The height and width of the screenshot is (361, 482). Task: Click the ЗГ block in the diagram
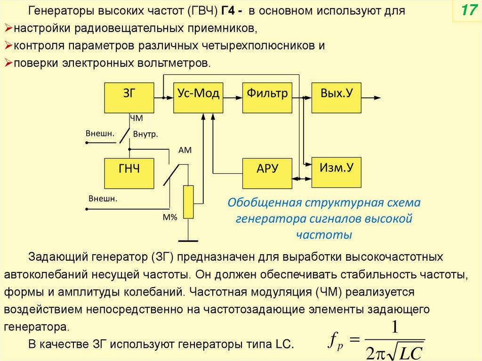(x=129, y=97)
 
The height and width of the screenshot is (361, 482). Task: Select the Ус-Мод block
(x=198, y=97)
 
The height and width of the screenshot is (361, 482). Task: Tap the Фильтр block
(x=267, y=97)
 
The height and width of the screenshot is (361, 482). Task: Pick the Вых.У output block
(x=337, y=97)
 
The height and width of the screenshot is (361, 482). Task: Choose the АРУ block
(x=267, y=173)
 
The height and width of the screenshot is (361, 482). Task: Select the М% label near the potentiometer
(x=169, y=217)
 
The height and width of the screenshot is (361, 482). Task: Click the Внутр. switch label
(x=145, y=135)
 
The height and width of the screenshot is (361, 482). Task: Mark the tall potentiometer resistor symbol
(x=188, y=202)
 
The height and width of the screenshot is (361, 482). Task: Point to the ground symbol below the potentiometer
(x=188, y=241)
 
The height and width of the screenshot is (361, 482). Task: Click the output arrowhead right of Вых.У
(x=378, y=97)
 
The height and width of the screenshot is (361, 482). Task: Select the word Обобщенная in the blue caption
(x=264, y=203)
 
